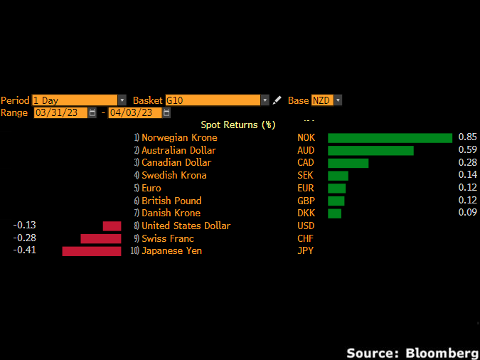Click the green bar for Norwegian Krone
pos(390,138)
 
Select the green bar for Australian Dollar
pos(370,150)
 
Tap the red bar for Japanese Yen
pos(92,251)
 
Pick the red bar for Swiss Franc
pos(101,238)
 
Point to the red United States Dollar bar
pos(112,226)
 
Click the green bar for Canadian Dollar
pos(348,163)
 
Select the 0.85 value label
pos(467,137)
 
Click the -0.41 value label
pos(25,250)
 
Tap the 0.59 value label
pos(467,149)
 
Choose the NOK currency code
pos(306,138)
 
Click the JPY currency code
pos(305,251)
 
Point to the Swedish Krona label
pos(174,176)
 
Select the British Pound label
pos(171,201)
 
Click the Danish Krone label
pos(171,213)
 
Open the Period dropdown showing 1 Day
pos(79,100)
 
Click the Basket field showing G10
pos(217,100)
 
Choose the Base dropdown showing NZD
pos(326,100)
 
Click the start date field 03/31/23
pos(60,112)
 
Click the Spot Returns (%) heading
pos(238,125)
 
